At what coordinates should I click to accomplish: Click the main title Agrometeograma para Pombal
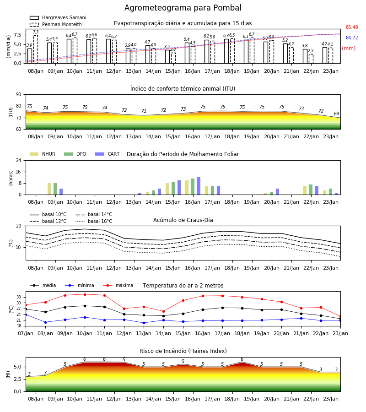pyautogui.click(x=183, y=8)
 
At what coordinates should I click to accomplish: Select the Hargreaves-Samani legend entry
pyautogui.click(x=58, y=17)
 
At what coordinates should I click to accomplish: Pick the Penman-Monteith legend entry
pyautogui.click(x=56, y=24)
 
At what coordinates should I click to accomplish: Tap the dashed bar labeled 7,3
pyautogui.click(x=36, y=49)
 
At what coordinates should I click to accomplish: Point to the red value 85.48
pyautogui.click(x=352, y=27)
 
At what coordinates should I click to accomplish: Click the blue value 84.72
pyautogui.click(x=352, y=38)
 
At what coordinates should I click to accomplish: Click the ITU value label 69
pyautogui.click(x=336, y=114)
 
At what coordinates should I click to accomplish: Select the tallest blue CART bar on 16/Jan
pyautogui.click(x=199, y=186)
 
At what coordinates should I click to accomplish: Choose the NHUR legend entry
pyautogui.click(x=43, y=154)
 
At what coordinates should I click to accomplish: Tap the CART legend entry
pyautogui.click(x=108, y=154)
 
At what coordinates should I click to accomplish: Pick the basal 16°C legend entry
pyautogui.click(x=94, y=221)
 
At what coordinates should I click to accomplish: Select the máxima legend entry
pyautogui.click(x=118, y=285)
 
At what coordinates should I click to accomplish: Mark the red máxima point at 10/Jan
pyautogui.click(x=85, y=294)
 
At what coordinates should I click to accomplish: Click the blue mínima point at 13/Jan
pyautogui.click(x=144, y=323)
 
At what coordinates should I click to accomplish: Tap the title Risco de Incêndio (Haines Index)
pyautogui.click(x=183, y=351)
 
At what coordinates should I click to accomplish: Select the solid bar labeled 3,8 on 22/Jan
pyautogui.click(x=305, y=56)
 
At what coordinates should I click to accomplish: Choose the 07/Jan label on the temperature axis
pyautogui.click(x=26, y=333)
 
